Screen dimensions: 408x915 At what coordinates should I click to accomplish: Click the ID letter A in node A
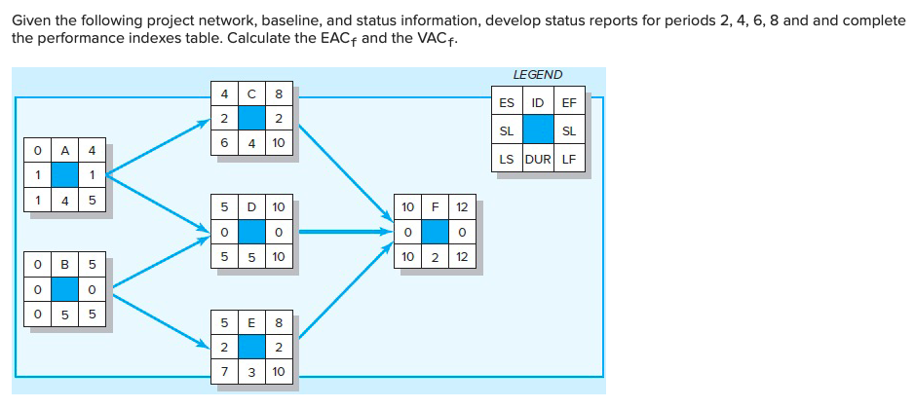[65, 151]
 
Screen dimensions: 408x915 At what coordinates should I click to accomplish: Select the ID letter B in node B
[65, 265]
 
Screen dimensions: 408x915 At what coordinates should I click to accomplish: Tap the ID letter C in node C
[252, 94]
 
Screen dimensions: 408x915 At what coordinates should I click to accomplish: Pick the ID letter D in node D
[252, 207]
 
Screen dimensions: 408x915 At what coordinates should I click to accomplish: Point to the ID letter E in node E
[252, 321]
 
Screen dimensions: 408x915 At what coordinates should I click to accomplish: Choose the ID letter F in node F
[435, 207]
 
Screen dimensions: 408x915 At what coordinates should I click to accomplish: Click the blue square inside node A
[65, 174]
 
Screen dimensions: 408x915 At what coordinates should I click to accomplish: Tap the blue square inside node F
[435, 232]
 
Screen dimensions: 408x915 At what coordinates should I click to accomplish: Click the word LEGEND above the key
[537, 75]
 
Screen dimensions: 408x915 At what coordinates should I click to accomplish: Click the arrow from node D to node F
[341, 232]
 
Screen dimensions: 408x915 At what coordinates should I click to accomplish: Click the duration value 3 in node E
[252, 371]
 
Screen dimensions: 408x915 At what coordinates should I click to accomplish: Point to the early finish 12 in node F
[463, 207]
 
